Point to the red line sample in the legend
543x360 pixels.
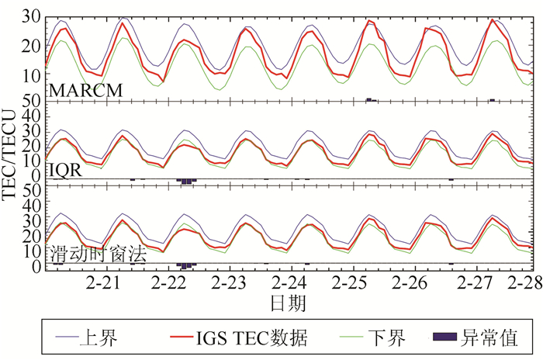click(x=181, y=337)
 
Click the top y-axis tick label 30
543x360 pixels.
click(x=31, y=16)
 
